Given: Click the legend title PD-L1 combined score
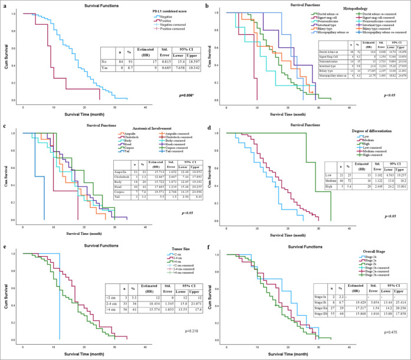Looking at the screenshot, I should click(x=156, y=12).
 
